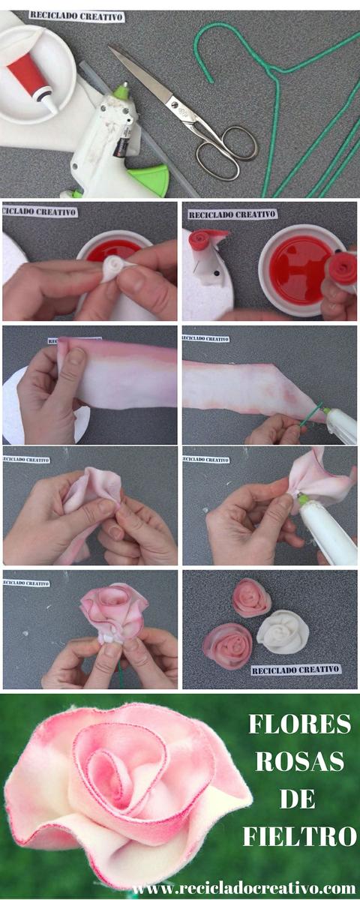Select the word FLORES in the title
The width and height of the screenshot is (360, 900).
[x=299, y=724]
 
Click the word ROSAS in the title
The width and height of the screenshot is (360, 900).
[x=299, y=761]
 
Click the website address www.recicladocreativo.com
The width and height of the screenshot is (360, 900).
[x=244, y=888]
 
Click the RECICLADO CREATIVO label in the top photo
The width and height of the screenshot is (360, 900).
[x=76, y=16]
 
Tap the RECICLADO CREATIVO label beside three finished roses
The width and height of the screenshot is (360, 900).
[x=295, y=669]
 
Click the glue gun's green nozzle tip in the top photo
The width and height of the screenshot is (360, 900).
[x=120, y=91]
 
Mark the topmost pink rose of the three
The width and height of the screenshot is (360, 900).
[x=251, y=597]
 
